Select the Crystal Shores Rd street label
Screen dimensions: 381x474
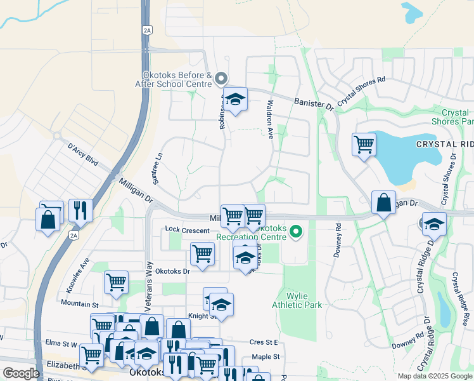pos(362,91)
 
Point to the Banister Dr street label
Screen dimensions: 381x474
pos(313,104)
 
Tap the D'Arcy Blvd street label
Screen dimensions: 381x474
pos(82,154)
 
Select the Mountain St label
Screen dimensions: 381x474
pos(80,304)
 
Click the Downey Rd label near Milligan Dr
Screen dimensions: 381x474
pos(338,239)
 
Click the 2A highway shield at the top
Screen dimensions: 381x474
pos(148,30)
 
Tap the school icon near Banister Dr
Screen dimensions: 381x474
pos(235,99)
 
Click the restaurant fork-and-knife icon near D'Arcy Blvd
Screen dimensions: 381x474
pos(80,210)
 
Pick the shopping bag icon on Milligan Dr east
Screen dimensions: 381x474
pos(383,203)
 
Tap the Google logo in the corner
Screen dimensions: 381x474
pos(21,373)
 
